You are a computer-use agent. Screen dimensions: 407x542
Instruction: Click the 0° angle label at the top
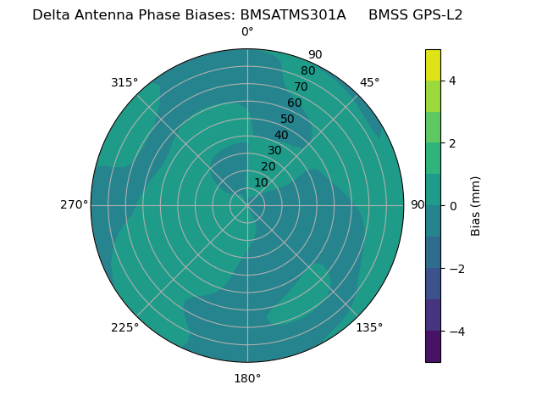(x=247, y=32)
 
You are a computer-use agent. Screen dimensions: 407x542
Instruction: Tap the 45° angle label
(x=369, y=82)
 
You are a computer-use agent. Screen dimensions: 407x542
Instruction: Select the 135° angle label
(x=369, y=327)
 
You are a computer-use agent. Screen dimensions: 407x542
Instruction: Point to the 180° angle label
(x=247, y=378)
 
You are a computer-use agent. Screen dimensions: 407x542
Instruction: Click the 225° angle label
(x=124, y=328)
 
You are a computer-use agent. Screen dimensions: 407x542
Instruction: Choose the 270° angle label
(x=75, y=205)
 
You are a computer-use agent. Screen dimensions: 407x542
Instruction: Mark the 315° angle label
(x=124, y=82)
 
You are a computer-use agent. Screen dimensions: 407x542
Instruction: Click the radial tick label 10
(x=261, y=182)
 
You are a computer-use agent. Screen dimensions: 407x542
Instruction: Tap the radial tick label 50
(x=288, y=119)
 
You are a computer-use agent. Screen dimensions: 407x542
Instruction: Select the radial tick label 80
(x=308, y=70)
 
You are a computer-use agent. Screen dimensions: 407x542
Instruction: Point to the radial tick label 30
(x=274, y=151)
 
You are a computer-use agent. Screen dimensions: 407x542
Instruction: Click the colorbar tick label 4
(x=453, y=81)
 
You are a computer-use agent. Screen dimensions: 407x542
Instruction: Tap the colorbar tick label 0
(x=453, y=206)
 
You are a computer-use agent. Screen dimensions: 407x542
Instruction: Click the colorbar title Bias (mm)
(x=476, y=206)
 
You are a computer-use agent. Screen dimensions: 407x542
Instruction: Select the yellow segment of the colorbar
(x=433, y=65)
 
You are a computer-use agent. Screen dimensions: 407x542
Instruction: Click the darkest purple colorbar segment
(x=433, y=347)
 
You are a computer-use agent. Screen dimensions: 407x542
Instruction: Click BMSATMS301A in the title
(x=293, y=14)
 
